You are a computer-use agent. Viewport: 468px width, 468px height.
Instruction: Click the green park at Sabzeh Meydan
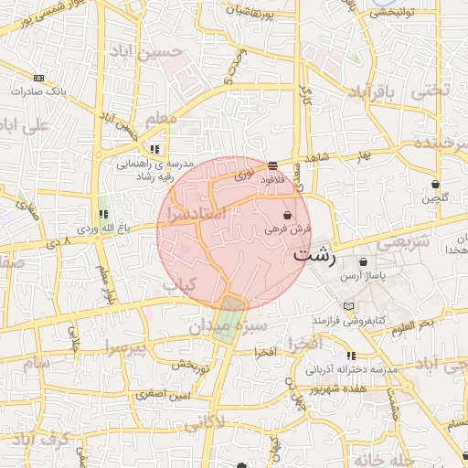click(229, 316)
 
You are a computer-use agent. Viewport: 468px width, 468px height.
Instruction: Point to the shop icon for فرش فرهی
click(288, 216)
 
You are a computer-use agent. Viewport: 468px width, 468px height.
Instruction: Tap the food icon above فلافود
click(273, 165)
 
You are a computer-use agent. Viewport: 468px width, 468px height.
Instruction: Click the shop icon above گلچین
click(435, 184)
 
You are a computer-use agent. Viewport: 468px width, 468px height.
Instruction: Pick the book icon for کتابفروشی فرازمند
click(347, 304)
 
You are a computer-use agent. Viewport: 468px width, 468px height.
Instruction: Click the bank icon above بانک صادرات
click(38, 79)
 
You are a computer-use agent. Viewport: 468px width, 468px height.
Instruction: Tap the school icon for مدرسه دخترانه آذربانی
click(350, 356)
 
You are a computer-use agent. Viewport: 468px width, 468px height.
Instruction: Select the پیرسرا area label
click(124, 348)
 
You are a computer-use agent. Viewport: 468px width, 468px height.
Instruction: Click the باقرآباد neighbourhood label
click(375, 92)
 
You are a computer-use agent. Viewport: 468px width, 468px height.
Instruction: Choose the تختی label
click(431, 90)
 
